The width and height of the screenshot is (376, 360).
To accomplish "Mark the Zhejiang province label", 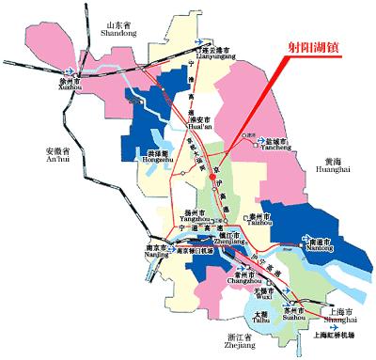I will click(x=243, y=340).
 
